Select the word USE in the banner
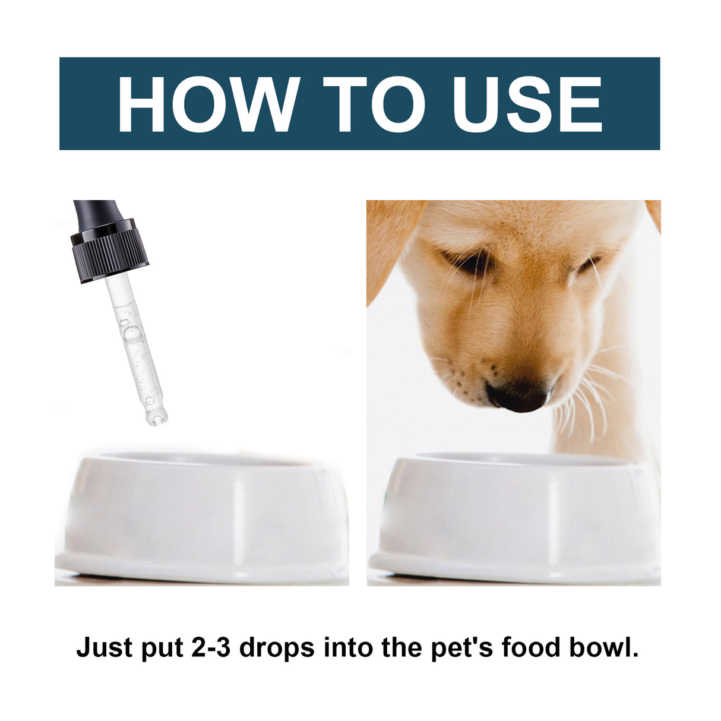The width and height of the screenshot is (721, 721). click(527, 103)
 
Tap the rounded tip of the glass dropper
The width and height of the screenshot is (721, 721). click(156, 416)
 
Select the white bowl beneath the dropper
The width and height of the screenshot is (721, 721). click(202, 517)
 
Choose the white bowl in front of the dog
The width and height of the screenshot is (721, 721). click(514, 517)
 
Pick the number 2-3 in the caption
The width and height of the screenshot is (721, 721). click(211, 647)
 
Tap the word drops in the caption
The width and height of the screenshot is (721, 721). click(277, 648)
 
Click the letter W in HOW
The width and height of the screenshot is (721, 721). click(265, 103)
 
